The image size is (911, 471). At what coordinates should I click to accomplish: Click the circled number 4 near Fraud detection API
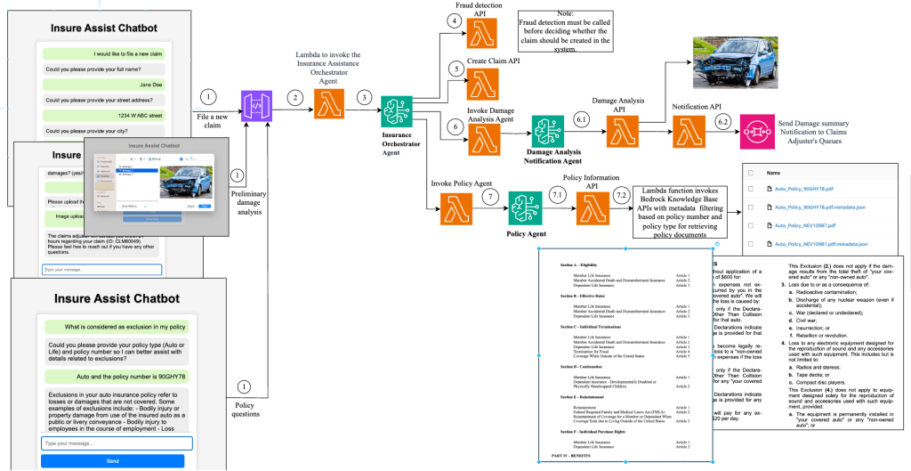click(x=455, y=20)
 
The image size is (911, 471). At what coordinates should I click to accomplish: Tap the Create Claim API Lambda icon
click(x=484, y=83)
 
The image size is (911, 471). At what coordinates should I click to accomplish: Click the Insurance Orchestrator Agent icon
click(x=396, y=112)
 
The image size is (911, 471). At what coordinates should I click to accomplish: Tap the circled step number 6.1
click(x=584, y=118)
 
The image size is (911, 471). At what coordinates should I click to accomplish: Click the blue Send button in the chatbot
click(x=112, y=460)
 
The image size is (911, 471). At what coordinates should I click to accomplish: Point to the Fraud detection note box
click(x=567, y=31)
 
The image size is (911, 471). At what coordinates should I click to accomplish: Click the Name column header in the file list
click(x=773, y=173)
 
